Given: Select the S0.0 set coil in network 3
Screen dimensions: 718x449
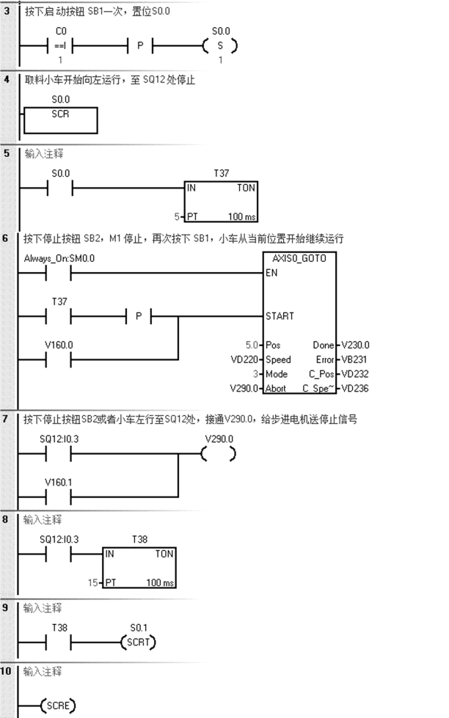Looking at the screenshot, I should click(220, 45).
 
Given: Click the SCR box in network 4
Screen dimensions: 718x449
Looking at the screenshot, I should click(61, 120).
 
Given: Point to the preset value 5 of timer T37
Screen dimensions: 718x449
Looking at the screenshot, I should click(176, 217).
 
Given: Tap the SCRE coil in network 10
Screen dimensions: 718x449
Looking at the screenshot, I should click(58, 706).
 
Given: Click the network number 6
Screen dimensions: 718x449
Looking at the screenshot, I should click(7, 239).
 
